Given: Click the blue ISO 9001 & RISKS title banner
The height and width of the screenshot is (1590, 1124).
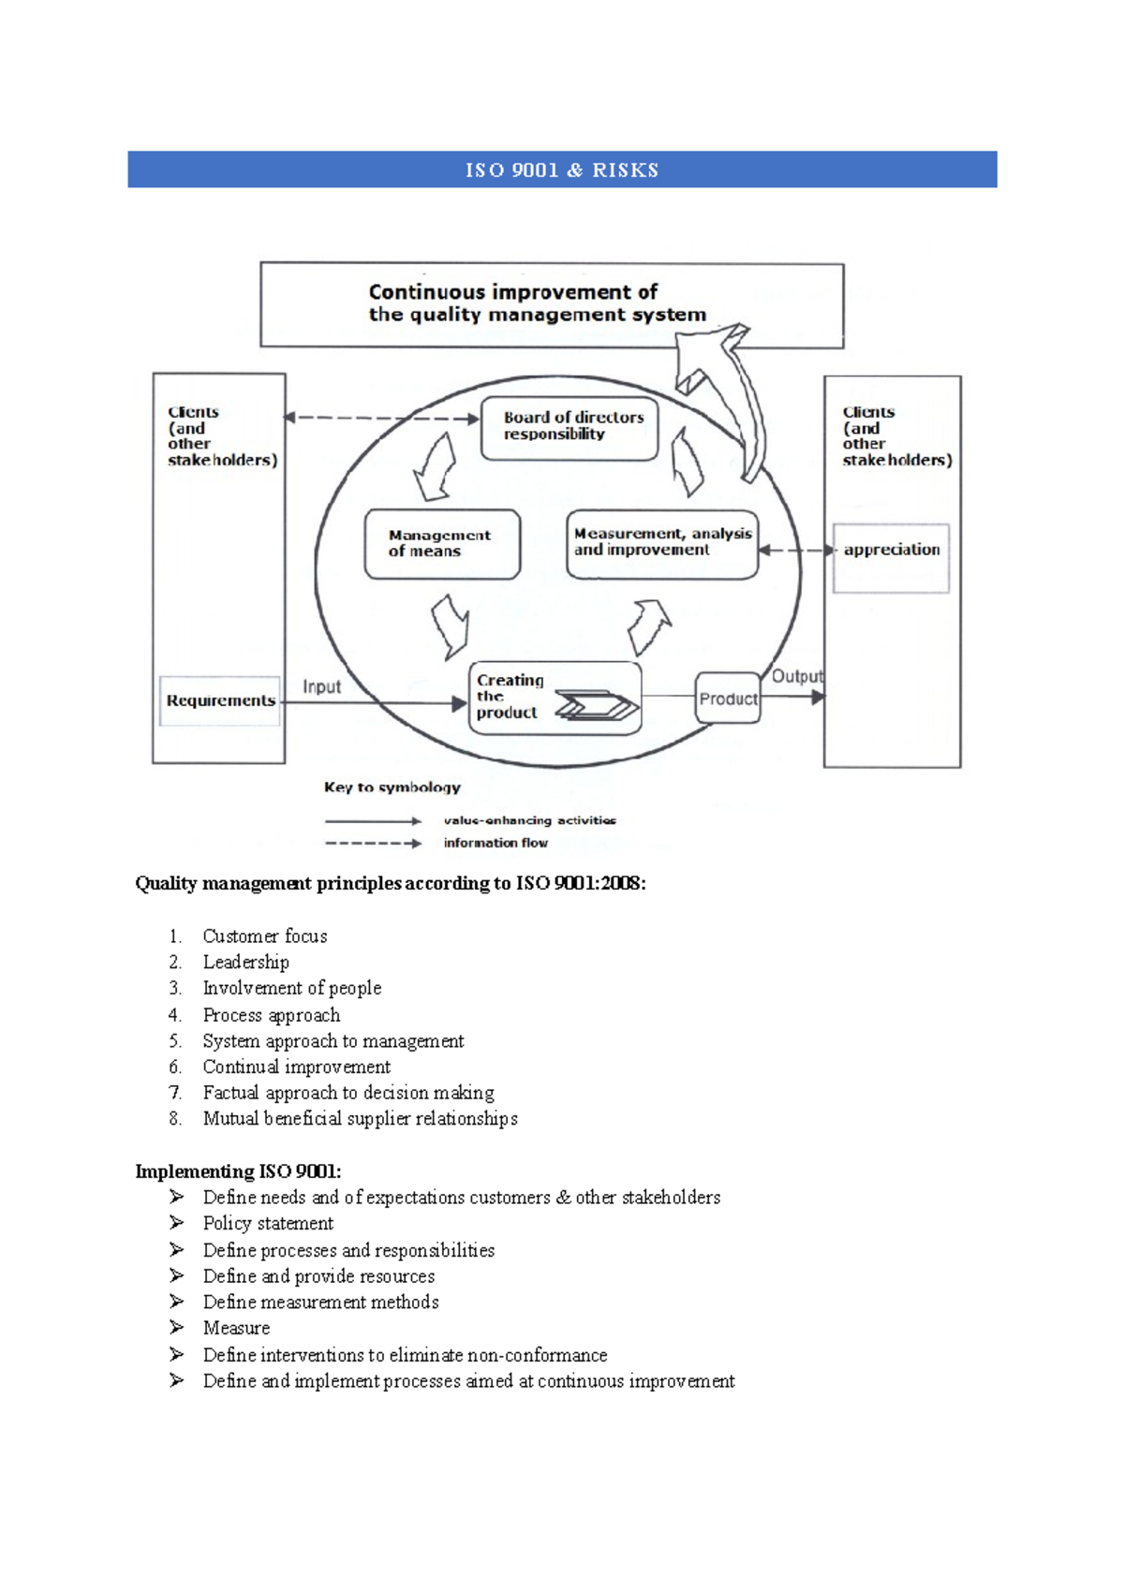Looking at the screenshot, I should click(562, 169).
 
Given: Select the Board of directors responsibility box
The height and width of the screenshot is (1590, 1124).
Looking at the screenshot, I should click(569, 428).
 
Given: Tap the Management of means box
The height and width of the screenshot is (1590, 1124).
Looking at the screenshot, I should click(442, 544).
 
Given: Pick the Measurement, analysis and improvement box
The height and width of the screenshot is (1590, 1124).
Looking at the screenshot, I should click(662, 544).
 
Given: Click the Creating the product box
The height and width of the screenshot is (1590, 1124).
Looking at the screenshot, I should click(555, 698).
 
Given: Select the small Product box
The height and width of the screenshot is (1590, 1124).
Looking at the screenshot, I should click(728, 699).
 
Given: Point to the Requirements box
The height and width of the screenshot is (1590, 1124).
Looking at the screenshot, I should click(220, 700).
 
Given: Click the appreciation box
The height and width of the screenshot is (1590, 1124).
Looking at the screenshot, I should click(891, 557).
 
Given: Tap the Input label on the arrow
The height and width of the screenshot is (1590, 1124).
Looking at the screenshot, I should click(321, 686).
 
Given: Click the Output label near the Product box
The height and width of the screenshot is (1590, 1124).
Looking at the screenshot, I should click(797, 676).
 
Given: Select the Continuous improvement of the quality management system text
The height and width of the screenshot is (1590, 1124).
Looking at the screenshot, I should click(537, 303).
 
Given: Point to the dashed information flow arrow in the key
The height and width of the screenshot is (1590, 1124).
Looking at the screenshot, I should click(373, 843).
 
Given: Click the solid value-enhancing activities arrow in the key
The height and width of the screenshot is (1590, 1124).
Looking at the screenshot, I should click(373, 821).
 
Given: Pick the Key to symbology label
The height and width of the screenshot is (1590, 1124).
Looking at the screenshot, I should click(392, 788).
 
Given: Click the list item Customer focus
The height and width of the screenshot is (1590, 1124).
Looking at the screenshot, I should click(265, 936).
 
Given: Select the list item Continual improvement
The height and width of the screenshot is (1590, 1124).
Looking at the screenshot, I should click(296, 1067).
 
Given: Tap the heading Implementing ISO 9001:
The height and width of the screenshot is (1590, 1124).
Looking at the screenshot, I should click(238, 1171).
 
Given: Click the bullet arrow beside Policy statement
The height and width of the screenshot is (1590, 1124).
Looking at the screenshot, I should click(176, 1223).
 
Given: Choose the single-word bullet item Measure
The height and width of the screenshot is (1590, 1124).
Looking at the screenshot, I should click(236, 1328).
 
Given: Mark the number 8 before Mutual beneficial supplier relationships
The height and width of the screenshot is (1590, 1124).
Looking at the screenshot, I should click(174, 1119).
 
